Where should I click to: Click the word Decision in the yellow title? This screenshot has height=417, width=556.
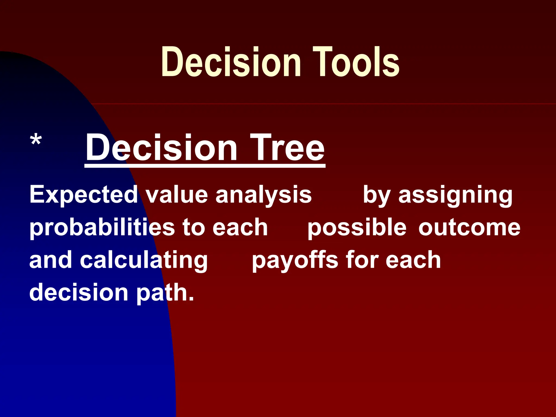(x=231, y=62)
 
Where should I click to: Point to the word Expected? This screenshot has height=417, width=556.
(x=84, y=194)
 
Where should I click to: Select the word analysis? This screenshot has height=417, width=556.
(x=263, y=194)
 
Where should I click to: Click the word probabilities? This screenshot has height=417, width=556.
(x=102, y=228)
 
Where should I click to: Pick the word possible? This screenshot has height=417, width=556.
(x=357, y=228)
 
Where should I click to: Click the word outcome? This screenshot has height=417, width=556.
(x=469, y=228)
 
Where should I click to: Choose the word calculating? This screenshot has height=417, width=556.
(x=144, y=260)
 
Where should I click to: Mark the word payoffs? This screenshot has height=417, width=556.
(x=295, y=260)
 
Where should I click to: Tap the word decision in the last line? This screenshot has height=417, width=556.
(x=79, y=293)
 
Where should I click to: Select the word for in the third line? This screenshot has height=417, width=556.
(x=362, y=260)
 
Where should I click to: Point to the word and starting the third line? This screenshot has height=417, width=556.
(x=50, y=260)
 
